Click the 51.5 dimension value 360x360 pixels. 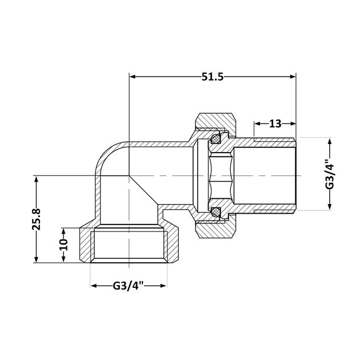[x=211, y=77]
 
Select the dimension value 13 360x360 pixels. [x=275, y=123]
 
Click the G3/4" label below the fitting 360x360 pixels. [x=129, y=286]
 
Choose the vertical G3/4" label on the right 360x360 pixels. [x=329, y=174]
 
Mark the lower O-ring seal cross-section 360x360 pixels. [x=216, y=211]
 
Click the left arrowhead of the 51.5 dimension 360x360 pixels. [x=134, y=77]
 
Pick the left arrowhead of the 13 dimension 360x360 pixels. [x=257, y=123]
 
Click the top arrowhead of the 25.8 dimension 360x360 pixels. [x=38, y=179]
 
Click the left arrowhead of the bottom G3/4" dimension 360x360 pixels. [x=94, y=286]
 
